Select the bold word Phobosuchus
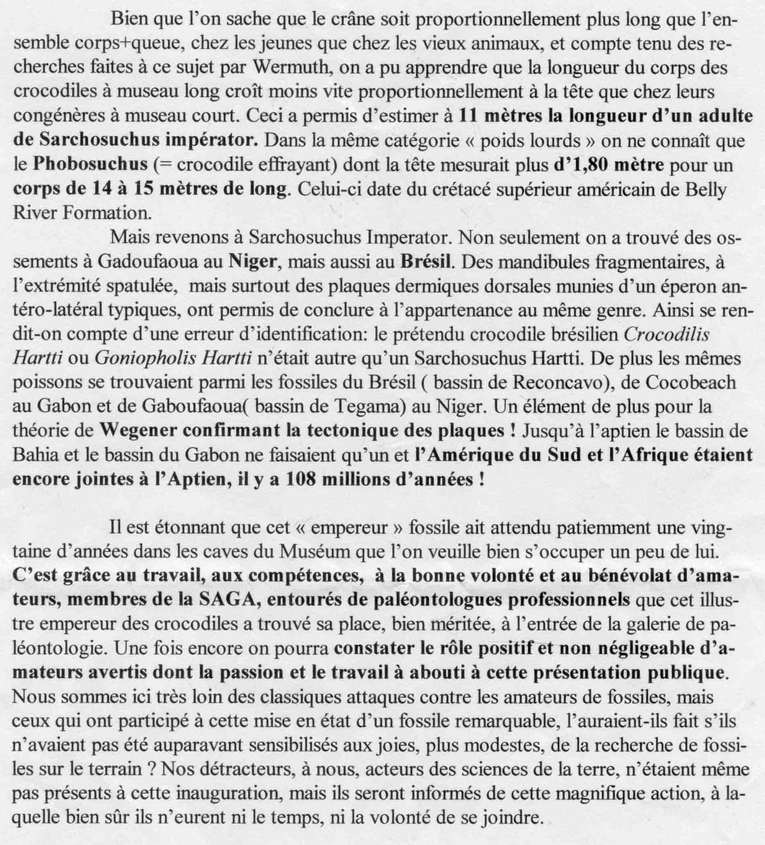pyautogui.click(x=91, y=164)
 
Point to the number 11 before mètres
pyautogui.click(x=468, y=116)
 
